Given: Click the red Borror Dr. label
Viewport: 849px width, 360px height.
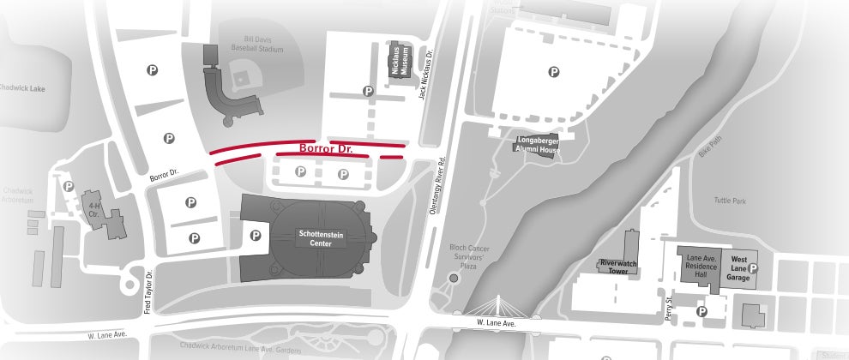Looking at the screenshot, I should [x=325, y=148].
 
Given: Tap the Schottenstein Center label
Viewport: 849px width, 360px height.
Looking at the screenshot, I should [x=322, y=237].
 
